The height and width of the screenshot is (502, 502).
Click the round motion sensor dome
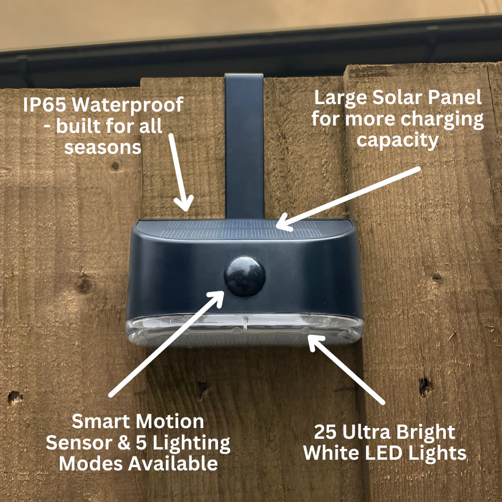244,276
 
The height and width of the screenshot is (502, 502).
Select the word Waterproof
128,105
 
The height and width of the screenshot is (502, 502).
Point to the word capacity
397,140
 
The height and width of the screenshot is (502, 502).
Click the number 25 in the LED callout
327,433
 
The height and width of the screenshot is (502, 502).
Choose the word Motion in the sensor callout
171,422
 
